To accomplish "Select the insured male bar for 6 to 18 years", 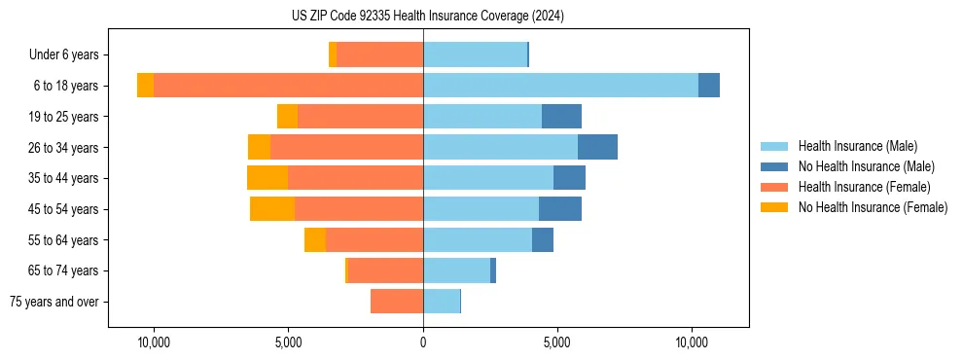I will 560,86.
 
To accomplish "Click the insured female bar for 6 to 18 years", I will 288,86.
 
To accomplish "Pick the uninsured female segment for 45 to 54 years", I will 272,209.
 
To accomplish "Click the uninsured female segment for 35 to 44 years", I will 267,178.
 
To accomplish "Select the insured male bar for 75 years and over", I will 441,302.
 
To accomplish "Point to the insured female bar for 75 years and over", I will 397,302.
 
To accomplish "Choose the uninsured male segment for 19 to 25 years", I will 561,117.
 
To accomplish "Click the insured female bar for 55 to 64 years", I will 374,240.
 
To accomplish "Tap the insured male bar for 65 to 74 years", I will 456,270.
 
